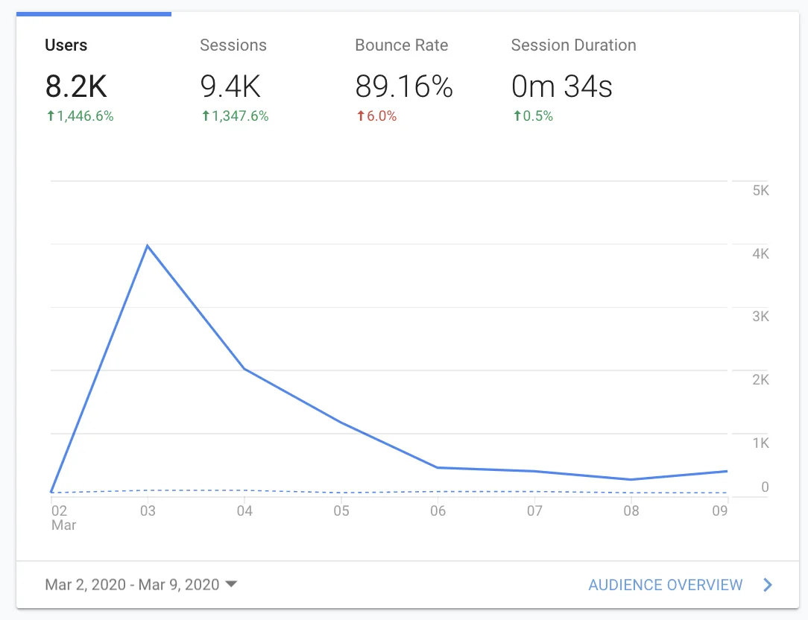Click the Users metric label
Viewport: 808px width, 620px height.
click(x=66, y=45)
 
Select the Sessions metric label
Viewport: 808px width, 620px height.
click(x=233, y=45)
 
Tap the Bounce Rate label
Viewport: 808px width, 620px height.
click(x=402, y=45)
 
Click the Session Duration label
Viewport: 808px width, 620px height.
click(x=573, y=45)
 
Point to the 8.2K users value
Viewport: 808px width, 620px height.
click(x=76, y=86)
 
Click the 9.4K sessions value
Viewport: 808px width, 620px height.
click(x=230, y=86)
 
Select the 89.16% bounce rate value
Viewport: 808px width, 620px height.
click(x=404, y=86)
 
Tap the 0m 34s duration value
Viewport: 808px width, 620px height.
click(x=562, y=86)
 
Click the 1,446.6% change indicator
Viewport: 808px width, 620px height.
click(x=80, y=116)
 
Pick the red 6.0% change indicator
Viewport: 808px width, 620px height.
click(x=376, y=116)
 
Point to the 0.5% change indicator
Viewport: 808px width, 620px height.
click(x=533, y=116)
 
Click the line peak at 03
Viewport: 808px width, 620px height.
click(x=148, y=246)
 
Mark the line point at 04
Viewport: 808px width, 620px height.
click(x=244, y=369)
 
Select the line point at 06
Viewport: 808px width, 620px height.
click(x=438, y=467)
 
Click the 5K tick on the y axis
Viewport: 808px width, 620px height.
click(x=760, y=191)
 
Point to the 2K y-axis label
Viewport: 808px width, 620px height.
click(x=760, y=380)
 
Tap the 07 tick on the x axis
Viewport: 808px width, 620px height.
click(x=534, y=510)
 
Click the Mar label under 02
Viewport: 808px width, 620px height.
click(x=63, y=525)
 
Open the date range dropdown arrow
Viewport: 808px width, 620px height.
click(x=231, y=584)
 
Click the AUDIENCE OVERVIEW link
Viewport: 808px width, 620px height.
click(x=666, y=585)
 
